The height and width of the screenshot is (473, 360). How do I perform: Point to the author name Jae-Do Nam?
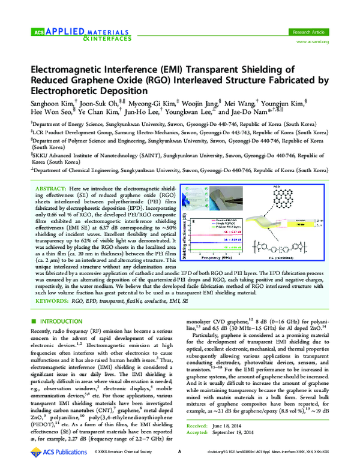pos(275,112)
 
